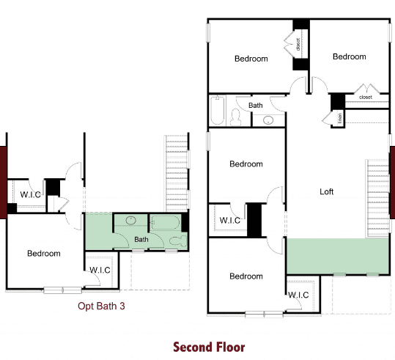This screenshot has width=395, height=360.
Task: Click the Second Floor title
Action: pyautogui.click(x=209, y=347)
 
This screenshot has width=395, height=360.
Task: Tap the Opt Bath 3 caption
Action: pyautogui.click(x=101, y=306)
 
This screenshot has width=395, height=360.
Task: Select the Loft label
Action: pyautogui.click(x=327, y=191)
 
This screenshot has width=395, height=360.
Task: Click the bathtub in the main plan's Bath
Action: pyautogui.click(x=218, y=110)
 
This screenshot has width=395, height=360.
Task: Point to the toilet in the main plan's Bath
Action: pyautogui.click(x=236, y=117)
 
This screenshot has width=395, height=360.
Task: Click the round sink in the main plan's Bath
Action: pyautogui.click(x=268, y=120)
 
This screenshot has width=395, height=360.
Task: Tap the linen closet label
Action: pyautogui.click(x=340, y=118)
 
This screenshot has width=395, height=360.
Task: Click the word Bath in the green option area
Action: pyautogui.click(x=141, y=239)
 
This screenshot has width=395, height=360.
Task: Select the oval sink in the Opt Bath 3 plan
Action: pyautogui.click(x=130, y=221)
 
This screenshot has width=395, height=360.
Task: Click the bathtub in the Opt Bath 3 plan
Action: pyautogui.click(x=166, y=222)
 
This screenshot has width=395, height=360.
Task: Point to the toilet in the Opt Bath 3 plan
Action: pyautogui.click(x=178, y=241)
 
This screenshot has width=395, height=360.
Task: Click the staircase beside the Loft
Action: pyautogui.click(x=377, y=198)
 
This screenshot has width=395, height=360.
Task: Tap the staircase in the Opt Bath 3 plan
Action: pyautogui.click(x=177, y=174)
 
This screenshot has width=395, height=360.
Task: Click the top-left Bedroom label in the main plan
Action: pyautogui.click(x=251, y=59)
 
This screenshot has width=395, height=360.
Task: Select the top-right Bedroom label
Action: pyautogui.click(x=350, y=56)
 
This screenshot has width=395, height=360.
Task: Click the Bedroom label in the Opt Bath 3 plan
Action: pyautogui.click(x=44, y=254)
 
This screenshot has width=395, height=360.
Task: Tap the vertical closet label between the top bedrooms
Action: pyautogui.click(x=298, y=45)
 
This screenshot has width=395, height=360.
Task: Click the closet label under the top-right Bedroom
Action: pyautogui.click(x=366, y=97)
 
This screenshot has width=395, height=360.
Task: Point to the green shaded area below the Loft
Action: pyautogui.click(x=338, y=256)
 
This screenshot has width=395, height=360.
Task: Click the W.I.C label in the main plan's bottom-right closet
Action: pyautogui.click(x=298, y=295)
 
